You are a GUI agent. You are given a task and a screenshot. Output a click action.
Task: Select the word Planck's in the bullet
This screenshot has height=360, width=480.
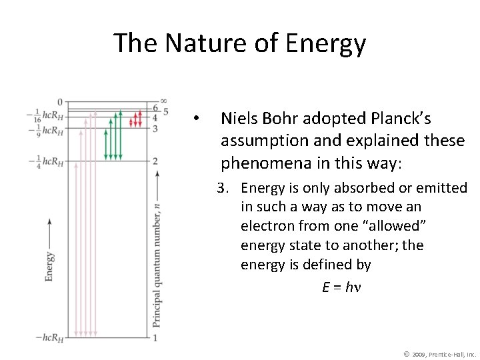[402, 119]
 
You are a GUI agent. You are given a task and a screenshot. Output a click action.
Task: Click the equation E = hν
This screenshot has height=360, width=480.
[340, 287]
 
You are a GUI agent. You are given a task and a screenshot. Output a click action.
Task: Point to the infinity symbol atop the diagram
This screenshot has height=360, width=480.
[163, 101]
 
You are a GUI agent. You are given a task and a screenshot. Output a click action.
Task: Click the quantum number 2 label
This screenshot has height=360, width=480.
[155, 161]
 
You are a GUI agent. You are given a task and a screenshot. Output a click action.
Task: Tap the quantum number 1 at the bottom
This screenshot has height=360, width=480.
[155, 338]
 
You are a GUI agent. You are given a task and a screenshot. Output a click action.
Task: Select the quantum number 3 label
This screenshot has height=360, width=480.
[155, 128]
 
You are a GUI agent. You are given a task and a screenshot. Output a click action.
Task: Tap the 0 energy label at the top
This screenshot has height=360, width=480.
[59, 102]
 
